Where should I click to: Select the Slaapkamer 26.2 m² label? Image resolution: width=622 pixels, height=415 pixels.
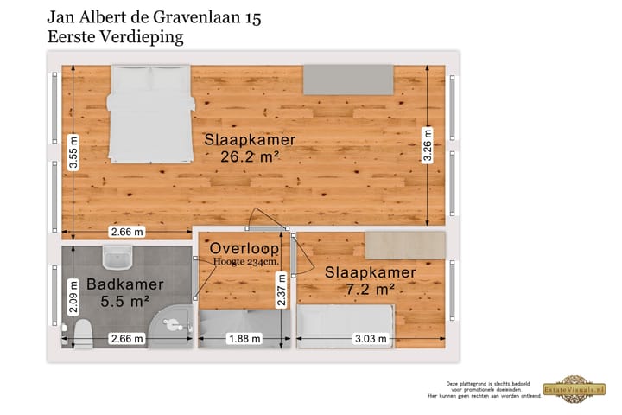(250, 147)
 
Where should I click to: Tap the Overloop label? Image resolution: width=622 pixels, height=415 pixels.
(245, 248)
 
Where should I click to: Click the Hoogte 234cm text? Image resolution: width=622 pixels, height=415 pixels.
(245, 262)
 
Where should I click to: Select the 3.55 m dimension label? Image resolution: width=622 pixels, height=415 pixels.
(75, 153)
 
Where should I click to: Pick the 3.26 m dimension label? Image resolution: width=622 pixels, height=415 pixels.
(427, 144)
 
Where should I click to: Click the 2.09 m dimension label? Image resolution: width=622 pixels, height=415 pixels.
(74, 303)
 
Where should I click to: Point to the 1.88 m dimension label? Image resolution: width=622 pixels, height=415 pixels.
(243, 339)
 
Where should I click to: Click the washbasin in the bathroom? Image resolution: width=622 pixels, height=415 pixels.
(115, 258)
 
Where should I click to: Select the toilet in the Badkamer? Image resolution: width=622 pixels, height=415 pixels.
(84, 333)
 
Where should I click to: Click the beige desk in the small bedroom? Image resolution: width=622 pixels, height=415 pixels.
(403, 245)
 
